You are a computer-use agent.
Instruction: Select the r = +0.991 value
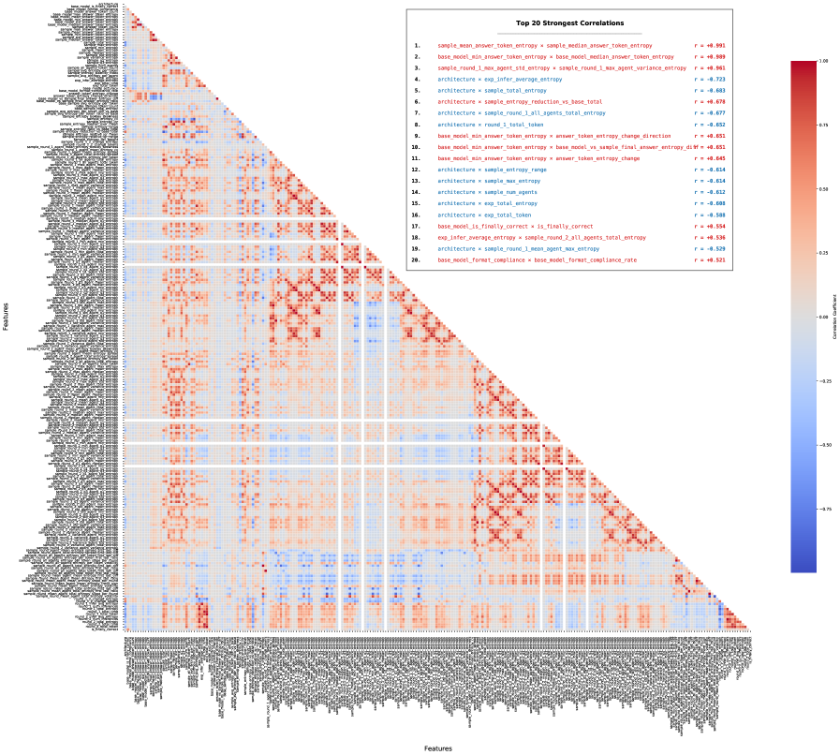pos(709,45)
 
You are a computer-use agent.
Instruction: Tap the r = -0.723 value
pos(709,80)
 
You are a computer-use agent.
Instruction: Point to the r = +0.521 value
pos(709,259)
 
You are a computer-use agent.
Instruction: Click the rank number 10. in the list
pos(418,147)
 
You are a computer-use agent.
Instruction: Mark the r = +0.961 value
pos(709,68)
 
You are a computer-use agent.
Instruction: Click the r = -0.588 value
pos(709,215)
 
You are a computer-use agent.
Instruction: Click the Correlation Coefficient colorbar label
pos(835,318)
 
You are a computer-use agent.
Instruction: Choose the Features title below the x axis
pos(438,748)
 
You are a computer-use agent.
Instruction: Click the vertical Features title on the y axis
pos(6,318)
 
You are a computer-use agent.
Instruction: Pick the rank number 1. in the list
pos(417,45)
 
